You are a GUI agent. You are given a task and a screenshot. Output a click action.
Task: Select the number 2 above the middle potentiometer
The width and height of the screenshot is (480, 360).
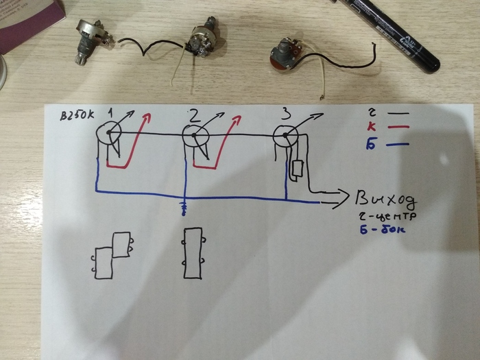tap(194, 115)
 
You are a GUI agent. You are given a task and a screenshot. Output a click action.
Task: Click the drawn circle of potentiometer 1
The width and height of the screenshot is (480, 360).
tap(108, 135)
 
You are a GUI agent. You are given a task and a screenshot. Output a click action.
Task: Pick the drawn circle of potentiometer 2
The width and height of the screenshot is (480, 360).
tap(194, 137)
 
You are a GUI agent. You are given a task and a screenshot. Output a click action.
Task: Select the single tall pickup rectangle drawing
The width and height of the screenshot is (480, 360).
tap(193, 253)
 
